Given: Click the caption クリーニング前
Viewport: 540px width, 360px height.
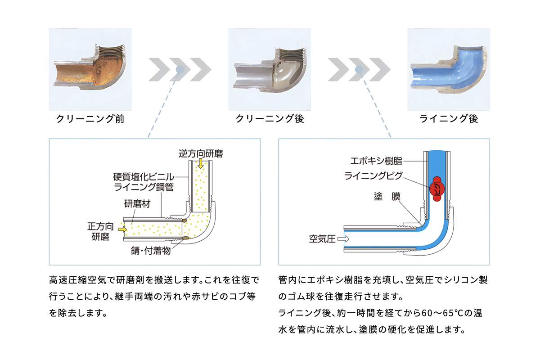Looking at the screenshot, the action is pyautogui.click(x=90, y=119).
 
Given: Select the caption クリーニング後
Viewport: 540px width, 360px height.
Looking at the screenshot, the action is pyautogui.click(x=270, y=119).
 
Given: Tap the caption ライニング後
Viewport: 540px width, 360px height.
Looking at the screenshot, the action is pyautogui.click(x=449, y=119).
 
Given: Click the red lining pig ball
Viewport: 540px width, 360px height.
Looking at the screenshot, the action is pyautogui.click(x=437, y=189).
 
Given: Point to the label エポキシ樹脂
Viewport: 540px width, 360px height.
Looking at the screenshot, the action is pyautogui.click(x=376, y=161).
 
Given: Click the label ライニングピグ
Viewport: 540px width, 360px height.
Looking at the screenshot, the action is pyautogui.click(x=373, y=176).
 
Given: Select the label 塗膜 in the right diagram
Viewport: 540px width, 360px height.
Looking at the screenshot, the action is pyautogui.click(x=387, y=197).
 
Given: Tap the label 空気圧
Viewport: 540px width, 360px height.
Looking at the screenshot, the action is pyautogui.click(x=322, y=239).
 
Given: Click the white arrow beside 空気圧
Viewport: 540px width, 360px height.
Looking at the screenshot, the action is pyautogui.click(x=343, y=239).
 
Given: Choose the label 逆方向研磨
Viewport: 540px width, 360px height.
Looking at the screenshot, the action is pyautogui.click(x=201, y=153).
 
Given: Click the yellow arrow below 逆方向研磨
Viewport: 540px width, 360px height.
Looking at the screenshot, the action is pyautogui.click(x=200, y=164).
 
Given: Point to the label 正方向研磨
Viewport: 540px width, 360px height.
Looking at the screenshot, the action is pyautogui.click(x=100, y=231).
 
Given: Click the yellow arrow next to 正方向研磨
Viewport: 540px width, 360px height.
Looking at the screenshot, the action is pyautogui.click(x=122, y=229).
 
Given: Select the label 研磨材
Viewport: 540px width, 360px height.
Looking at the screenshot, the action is pyautogui.click(x=137, y=204).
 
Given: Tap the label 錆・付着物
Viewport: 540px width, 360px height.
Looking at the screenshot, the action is pyautogui.click(x=151, y=251).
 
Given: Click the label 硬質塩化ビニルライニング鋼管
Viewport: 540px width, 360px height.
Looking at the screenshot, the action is pyautogui.click(x=144, y=182).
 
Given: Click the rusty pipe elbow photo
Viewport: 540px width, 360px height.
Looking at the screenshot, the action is pyautogui.click(x=90, y=69).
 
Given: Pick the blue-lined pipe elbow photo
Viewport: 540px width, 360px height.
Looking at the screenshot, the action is pyautogui.click(x=449, y=69).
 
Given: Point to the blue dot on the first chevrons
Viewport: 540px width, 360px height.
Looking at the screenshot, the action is pyautogui.click(x=180, y=70).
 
